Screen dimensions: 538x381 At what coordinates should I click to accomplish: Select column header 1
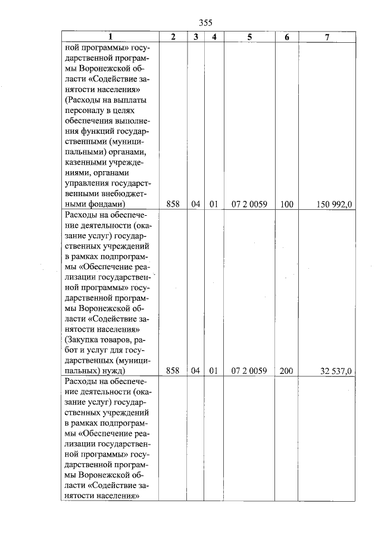coord(110,37)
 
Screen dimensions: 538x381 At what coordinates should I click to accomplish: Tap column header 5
coord(249,37)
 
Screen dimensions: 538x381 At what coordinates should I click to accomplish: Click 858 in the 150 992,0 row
coord(173,204)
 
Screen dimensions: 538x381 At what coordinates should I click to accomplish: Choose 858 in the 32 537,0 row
coord(173,371)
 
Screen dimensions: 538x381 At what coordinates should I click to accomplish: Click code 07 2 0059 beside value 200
coord(249,371)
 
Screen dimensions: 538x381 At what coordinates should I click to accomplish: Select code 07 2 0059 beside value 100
coord(249,204)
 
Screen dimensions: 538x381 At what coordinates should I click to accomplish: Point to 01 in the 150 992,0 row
coord(213,204)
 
